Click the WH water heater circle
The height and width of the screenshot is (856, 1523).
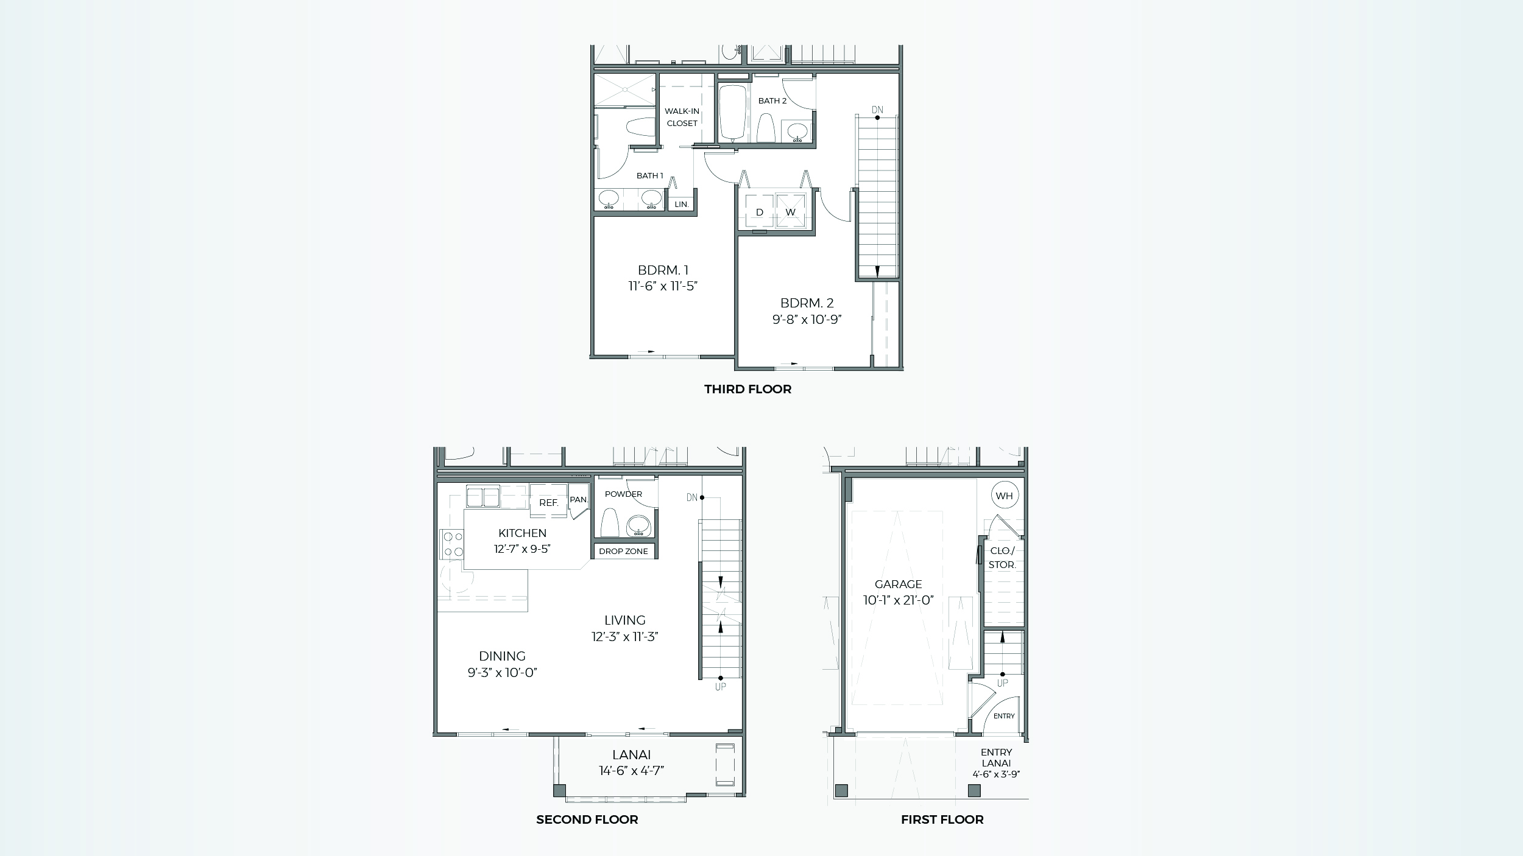click(x=1004, y=496)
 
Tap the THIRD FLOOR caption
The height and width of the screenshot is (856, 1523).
click(x=747, y=389)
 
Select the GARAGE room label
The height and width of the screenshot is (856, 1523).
click(x=898, y=584)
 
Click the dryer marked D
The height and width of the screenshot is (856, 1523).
click(x=759, y=212)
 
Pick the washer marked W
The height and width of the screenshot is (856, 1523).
click(x=790, y=212)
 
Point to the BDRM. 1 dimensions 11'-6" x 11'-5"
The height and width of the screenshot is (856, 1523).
click(x=663, y=286)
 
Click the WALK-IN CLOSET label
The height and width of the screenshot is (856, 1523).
click(x=682, y=117)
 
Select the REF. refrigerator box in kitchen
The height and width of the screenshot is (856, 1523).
click(x=548, y=503)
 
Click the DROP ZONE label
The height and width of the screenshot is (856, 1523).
click(x=623, y=551)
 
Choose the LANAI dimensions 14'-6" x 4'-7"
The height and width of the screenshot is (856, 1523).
click(x=631, y=770)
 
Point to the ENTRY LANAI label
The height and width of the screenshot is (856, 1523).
click(x=996, y=757)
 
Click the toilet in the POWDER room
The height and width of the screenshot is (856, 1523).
click(x=610, y=523)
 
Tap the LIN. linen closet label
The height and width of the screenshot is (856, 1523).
click(x=682, y=205)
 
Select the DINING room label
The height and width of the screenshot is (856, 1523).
click(x=502, y=656)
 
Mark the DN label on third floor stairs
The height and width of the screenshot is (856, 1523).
click(x=877, y=110)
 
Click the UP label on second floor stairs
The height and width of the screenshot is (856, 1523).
click(x=720, y=687)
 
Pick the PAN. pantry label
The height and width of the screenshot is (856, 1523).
click(x=578, y=500)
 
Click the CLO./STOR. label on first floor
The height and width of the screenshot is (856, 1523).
click(x=1002, y=558)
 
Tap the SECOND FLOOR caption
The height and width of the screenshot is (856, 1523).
click(x=587, y=819)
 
